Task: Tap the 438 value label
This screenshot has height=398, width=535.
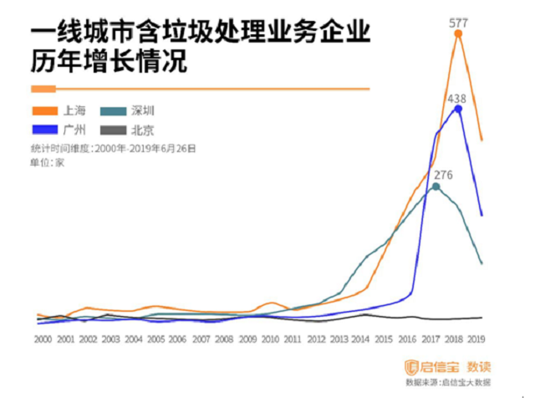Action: click(456, 98)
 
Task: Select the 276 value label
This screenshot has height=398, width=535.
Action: click(442, 175)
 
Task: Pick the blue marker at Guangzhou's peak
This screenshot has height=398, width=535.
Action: click(457, 110)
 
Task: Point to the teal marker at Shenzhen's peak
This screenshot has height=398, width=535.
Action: click(435, 186)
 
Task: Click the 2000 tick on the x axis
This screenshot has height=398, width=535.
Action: click(43, 339)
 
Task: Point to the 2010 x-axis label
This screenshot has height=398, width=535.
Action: click(270, 339)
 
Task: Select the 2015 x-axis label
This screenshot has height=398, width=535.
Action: click(384, 339)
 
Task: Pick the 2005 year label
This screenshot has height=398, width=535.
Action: click(156, 339)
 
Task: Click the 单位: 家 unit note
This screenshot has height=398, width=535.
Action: click(48, 162)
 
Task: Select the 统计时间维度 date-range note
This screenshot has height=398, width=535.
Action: click(112, 148)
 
